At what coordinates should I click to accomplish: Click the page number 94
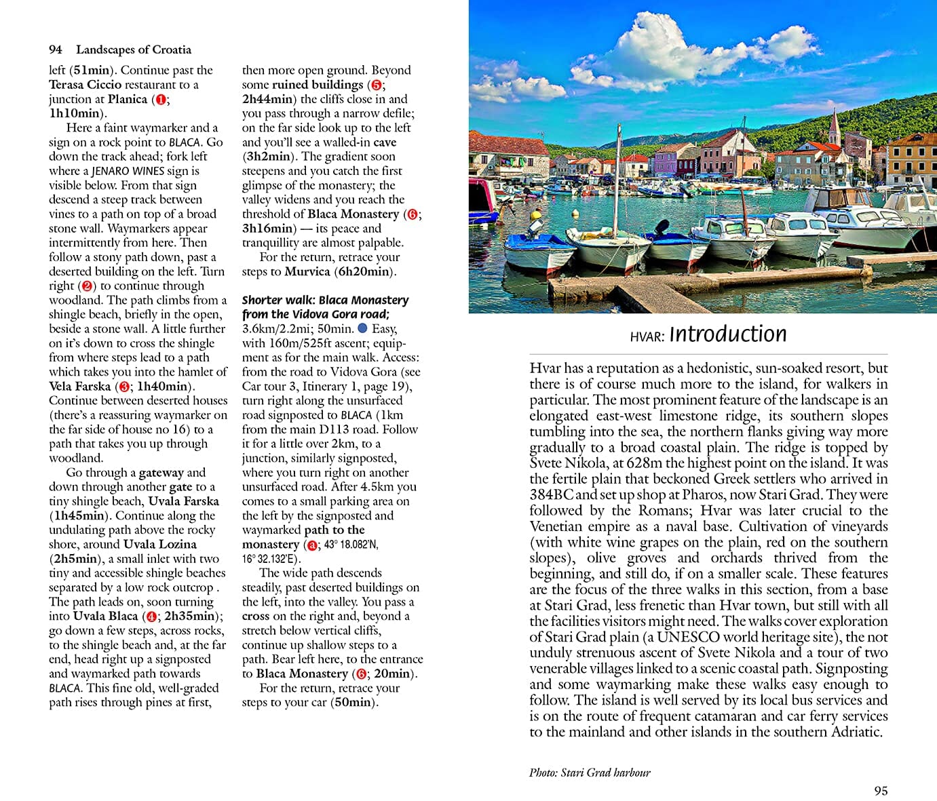click(55, 50)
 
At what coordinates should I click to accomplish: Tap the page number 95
click(881, 790)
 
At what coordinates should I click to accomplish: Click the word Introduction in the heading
click(727, 334)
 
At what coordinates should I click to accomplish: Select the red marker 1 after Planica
click(160, 99)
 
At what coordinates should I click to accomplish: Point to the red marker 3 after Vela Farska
click(124, 387)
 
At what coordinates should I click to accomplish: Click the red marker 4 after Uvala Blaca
click(151, 617)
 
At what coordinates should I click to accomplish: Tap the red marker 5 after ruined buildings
click(376, 85)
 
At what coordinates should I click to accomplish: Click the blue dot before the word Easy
click(362, 329)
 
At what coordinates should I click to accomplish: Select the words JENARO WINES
click(128, 171)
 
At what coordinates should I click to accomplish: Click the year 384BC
click(551, 494)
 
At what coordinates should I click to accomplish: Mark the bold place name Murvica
click(307, 271)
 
